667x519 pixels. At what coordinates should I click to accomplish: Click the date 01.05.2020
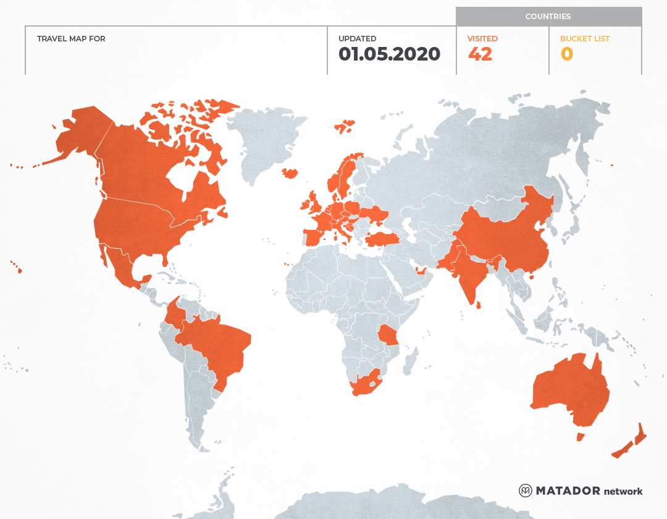click(x=389, y=54)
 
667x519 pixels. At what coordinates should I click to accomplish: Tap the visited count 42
click(x=480, y=54)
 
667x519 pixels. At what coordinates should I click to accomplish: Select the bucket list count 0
click(x=566, y=54)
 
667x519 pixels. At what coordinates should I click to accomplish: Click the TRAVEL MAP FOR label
click(x=71, y=39)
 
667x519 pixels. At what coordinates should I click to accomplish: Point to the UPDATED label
click(x=357, y=39)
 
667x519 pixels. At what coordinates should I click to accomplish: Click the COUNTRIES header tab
click(x=548, y=17)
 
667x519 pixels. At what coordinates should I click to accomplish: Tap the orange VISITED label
click(x=482, y=39)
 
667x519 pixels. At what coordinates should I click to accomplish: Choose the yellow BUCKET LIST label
click(x=584, y=39)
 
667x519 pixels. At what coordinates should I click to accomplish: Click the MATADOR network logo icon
click(x=526, y=491)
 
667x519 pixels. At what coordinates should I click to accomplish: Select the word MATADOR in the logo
click(x=568, y=491)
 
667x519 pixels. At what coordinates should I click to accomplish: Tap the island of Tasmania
click(x=581, y=437)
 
